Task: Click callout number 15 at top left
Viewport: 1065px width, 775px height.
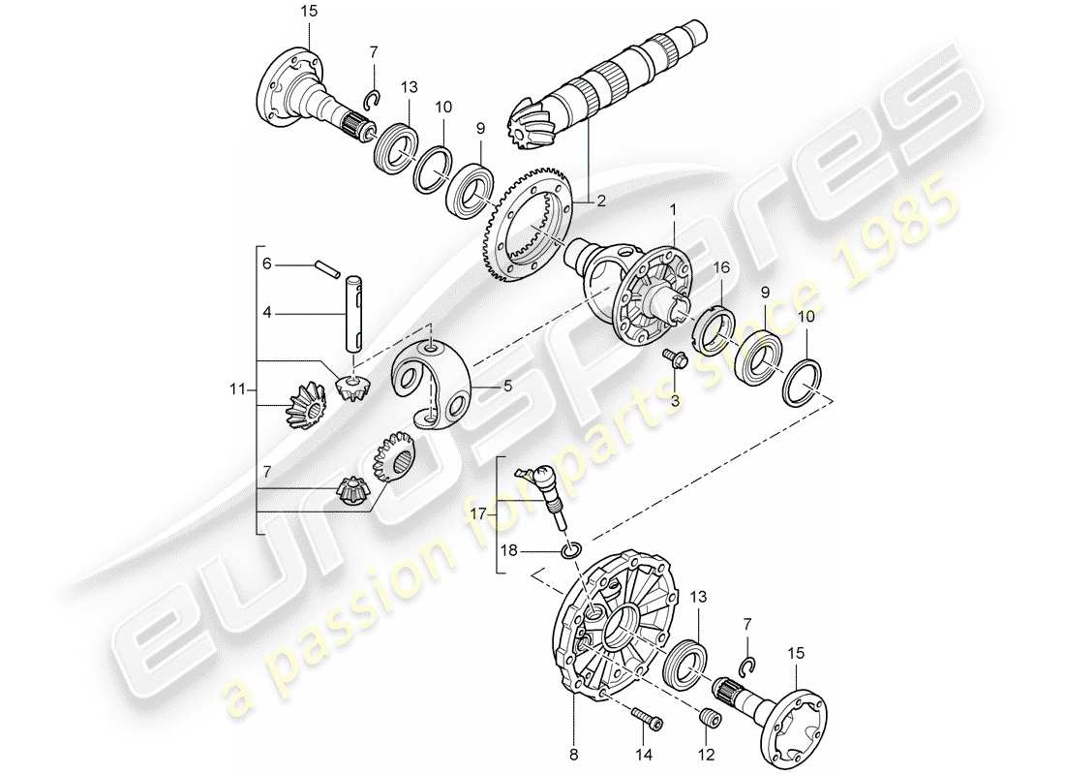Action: point(308,11)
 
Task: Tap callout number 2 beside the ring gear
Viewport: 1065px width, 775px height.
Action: point(601,201)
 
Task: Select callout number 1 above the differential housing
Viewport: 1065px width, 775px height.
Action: point(673,208)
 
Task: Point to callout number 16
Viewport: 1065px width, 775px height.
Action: point(722,268)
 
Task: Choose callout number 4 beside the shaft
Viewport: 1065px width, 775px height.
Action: point(266,312)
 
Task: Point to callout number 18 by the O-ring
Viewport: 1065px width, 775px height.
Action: point(507,550)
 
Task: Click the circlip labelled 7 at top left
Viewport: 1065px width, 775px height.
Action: point(371,98)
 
